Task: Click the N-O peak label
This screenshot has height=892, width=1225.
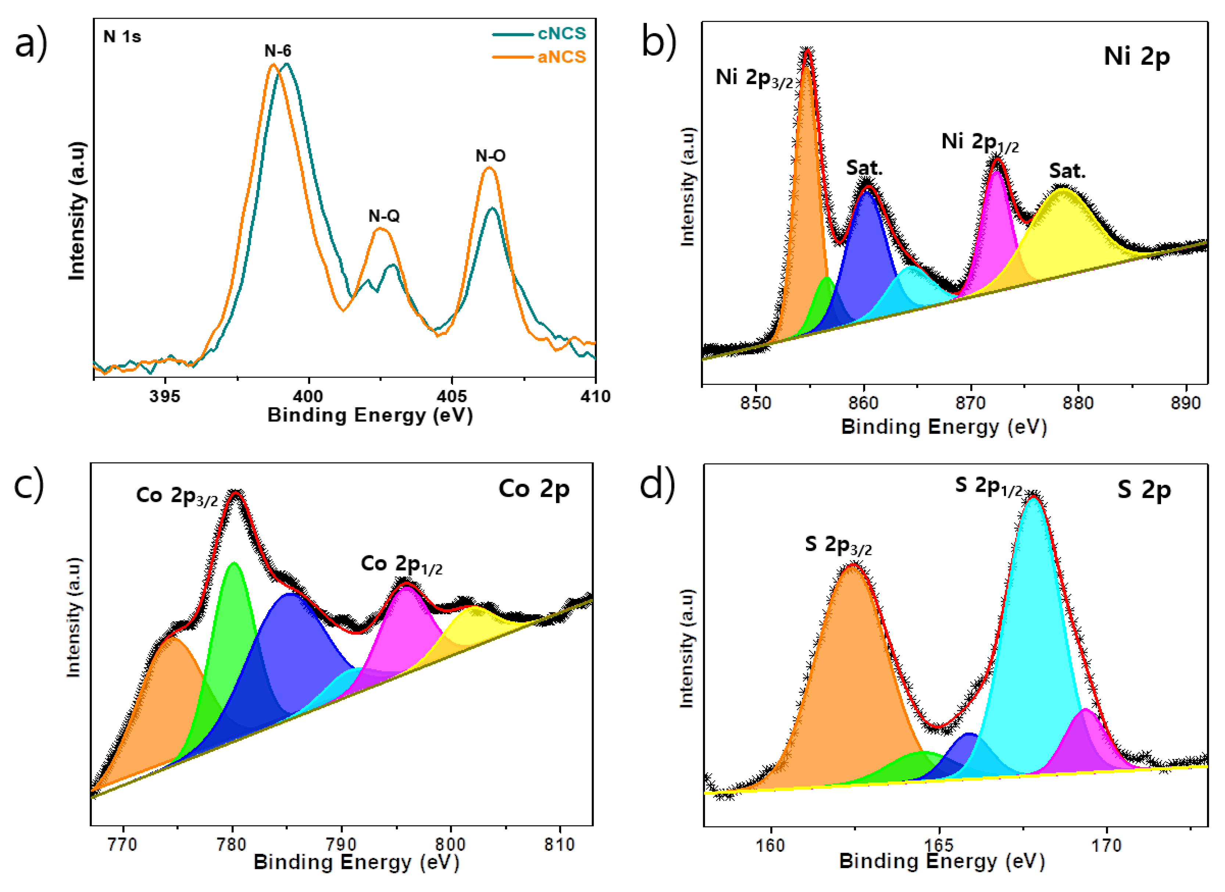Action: [x=490, y=156]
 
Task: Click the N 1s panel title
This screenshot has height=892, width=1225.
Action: [x=122, y=37]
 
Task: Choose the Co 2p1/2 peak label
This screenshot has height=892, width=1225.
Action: [x=401, y=565]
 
